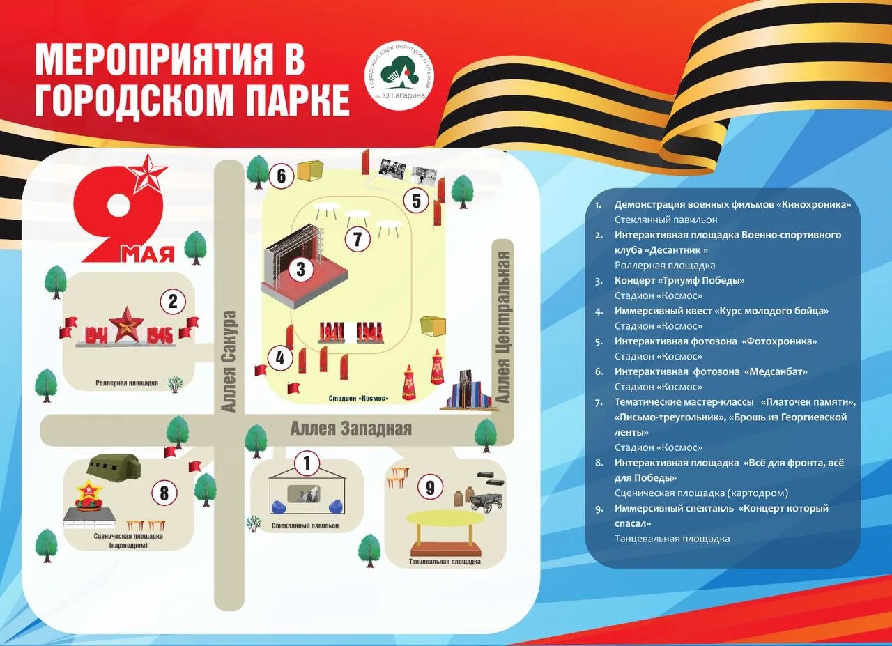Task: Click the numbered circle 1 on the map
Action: point(307,463)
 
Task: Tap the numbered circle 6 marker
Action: point(281,176)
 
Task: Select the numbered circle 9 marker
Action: point(430,488)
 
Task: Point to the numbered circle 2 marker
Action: point(173,302)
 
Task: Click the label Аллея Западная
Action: point(351,429)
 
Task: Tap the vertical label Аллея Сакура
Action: point(229,361)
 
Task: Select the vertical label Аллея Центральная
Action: point(504,328)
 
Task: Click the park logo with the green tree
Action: point(400,77)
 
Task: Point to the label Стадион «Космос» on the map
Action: point(358,398)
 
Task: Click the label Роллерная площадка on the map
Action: point(127,383)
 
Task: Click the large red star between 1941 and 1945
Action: point(127,325)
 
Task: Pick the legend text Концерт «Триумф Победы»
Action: point(679,280)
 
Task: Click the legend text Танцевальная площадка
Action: point(672,539)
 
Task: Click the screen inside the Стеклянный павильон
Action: point(308,494)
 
